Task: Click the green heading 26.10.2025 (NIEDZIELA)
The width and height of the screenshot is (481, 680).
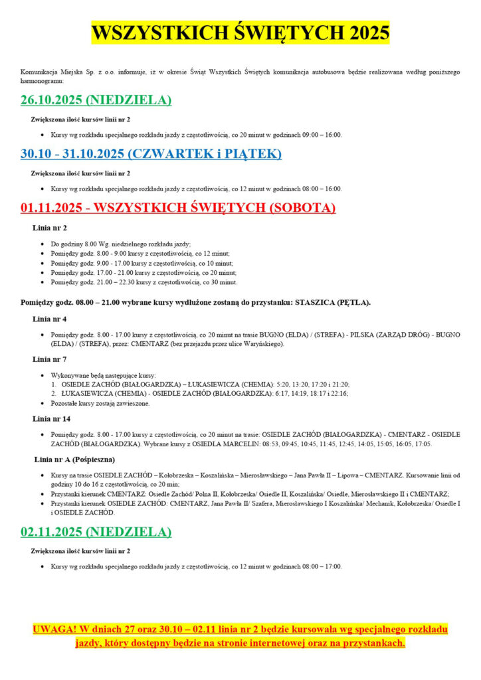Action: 96,100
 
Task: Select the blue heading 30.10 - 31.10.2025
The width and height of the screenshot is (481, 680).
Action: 151,154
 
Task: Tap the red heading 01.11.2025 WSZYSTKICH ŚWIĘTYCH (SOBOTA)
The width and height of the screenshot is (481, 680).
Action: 178,208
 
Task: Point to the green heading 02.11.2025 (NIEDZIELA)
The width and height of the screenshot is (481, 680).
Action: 96,532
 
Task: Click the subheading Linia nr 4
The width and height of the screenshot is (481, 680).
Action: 49,319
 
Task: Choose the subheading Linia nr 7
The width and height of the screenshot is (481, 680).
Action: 49,359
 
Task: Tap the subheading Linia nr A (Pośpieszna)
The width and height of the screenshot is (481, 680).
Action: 74,459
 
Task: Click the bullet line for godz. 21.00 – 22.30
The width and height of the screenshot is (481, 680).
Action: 144,282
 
